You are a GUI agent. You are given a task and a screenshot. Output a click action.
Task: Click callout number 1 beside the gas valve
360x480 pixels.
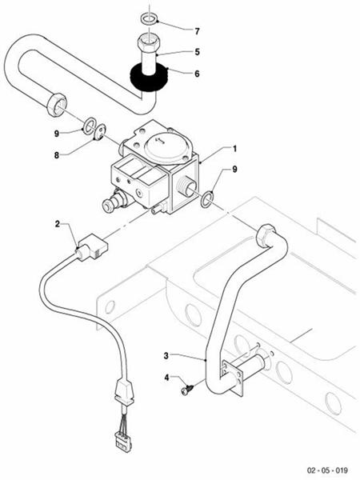point(234,149)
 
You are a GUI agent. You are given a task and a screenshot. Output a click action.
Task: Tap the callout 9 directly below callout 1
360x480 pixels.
point(234,169)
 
